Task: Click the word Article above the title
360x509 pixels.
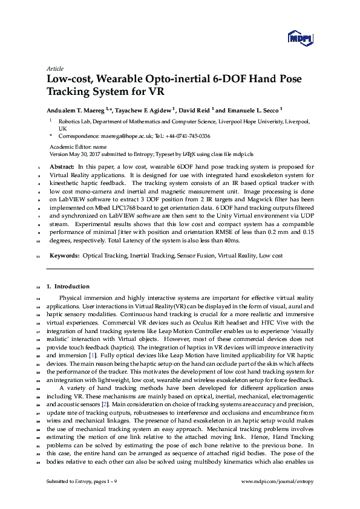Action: [54, 69]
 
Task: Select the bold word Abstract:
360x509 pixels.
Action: [62, 166]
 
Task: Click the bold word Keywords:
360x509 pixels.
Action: [65, 256]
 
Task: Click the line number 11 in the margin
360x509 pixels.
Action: [38, 257]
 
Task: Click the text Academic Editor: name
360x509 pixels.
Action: [77, 147]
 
